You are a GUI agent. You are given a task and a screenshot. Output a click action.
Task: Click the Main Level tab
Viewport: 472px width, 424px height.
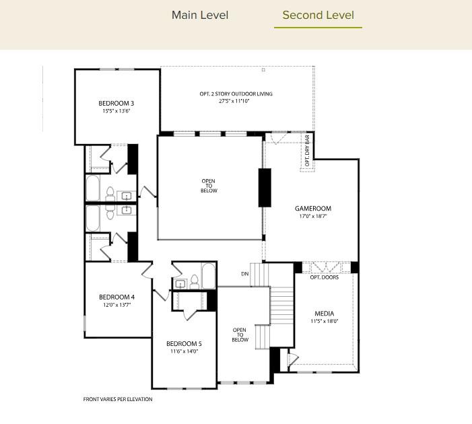coord(200,15)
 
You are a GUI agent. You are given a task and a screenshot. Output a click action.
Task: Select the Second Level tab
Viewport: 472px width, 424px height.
coord(318,15)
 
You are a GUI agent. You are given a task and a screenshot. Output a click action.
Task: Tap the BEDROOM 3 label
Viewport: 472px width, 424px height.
coord(116,103)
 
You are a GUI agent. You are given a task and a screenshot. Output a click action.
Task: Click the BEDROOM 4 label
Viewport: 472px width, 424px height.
coord(116,297)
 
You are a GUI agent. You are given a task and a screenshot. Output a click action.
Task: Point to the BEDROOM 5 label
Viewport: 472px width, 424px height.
coord(184,343)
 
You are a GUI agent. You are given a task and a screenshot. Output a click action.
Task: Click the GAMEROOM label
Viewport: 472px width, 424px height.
coord(313,209)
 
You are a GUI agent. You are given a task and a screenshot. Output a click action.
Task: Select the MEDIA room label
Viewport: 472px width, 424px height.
coord(324,314)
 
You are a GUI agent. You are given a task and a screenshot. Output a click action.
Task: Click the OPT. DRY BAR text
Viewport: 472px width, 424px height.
coord(308,151)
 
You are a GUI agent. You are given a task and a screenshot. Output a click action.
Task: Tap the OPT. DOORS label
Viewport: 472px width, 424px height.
coord(324,277)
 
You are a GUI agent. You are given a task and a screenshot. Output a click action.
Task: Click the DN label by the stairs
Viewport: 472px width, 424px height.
coord(246,274)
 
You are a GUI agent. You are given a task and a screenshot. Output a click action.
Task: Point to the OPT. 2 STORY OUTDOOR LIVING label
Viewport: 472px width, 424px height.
coord(236,94)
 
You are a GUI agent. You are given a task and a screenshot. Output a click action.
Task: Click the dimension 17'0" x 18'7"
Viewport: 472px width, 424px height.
coord(313,217)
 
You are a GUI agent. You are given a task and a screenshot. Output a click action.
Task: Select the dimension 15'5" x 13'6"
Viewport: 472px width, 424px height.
coord(116,111)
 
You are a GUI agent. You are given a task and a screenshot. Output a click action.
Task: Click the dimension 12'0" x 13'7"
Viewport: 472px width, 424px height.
coord(116,305)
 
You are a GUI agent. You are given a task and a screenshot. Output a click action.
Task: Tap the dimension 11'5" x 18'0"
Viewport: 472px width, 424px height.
coord(324,322)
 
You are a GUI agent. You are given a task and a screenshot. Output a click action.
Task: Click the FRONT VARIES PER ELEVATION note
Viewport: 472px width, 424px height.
coord(118,399)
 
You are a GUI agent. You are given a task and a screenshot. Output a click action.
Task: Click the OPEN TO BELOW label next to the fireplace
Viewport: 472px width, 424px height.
coord(209,185)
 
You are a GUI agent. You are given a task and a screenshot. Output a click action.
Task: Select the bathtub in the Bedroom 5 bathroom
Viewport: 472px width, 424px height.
coord(208,276)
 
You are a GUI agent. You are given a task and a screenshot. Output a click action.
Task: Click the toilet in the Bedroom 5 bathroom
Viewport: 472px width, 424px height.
coord(193,281)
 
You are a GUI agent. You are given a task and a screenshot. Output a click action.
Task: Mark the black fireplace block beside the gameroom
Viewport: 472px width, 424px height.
coord(265,188)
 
